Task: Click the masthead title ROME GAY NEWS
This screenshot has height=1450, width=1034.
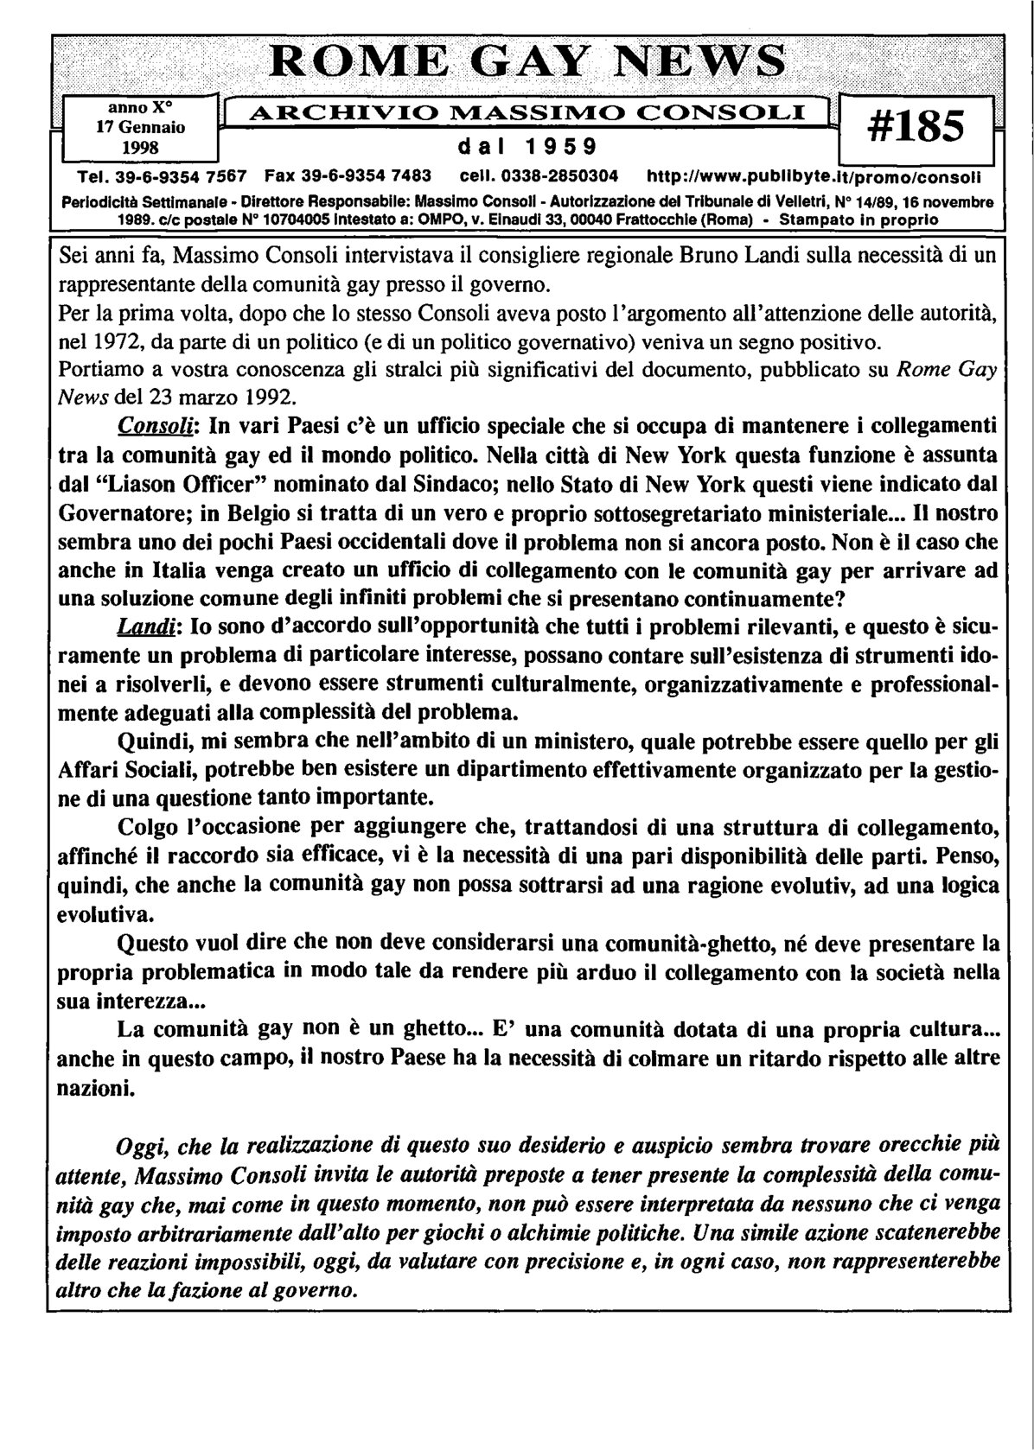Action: (x=528, y=63)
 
